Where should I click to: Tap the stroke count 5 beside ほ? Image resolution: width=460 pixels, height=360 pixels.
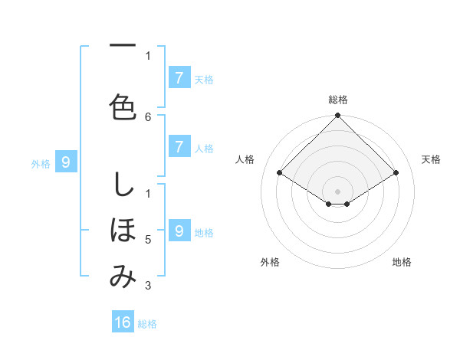tap(148, 240)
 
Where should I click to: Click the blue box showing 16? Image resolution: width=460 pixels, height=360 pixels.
tap(123, 322)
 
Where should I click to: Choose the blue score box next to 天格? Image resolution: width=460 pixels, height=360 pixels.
tap(179, 77)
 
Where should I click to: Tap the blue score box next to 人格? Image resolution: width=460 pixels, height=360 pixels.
tap(179, 147)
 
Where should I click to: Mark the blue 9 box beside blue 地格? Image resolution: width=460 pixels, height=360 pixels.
tap(179, 231)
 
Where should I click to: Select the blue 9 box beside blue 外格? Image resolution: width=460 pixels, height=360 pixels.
tap(66, 162)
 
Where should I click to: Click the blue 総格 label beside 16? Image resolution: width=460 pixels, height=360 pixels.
tap(147, 324)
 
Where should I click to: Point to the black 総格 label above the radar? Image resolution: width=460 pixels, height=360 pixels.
tap(338, 100)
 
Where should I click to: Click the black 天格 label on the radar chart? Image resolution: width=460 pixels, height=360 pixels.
tap(431, 159)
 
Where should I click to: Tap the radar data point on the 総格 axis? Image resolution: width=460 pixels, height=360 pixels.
tap(337, 116)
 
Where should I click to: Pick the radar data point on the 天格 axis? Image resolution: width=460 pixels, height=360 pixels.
tap(396, 173)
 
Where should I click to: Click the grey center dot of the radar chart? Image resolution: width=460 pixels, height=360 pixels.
tap(337, 190)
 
